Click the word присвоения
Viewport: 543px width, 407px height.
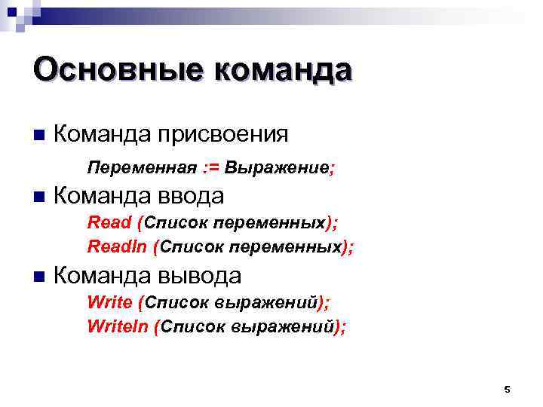pyautogui.click(x=222, y=135)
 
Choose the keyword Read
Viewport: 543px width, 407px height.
pyautogui.click(x=109, y=222)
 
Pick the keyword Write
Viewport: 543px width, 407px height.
pyautogui.click(x=110, y=302)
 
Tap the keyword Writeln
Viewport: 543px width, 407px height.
pyautogui.click(x=117, y=326)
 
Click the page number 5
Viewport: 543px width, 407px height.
pyautogui.click(x=507, y=389)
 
